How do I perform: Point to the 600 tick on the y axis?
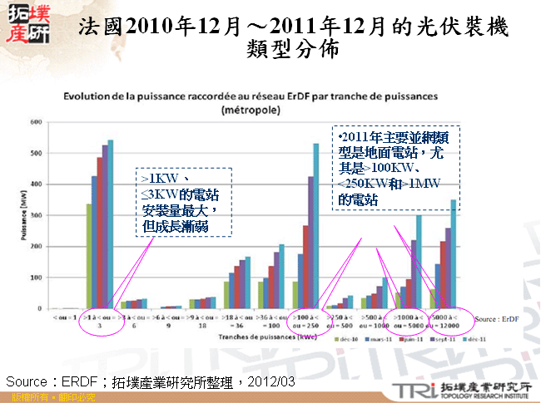point(37,122)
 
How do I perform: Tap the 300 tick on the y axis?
point(37,215)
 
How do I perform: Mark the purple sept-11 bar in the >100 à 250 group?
point(310,242)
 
